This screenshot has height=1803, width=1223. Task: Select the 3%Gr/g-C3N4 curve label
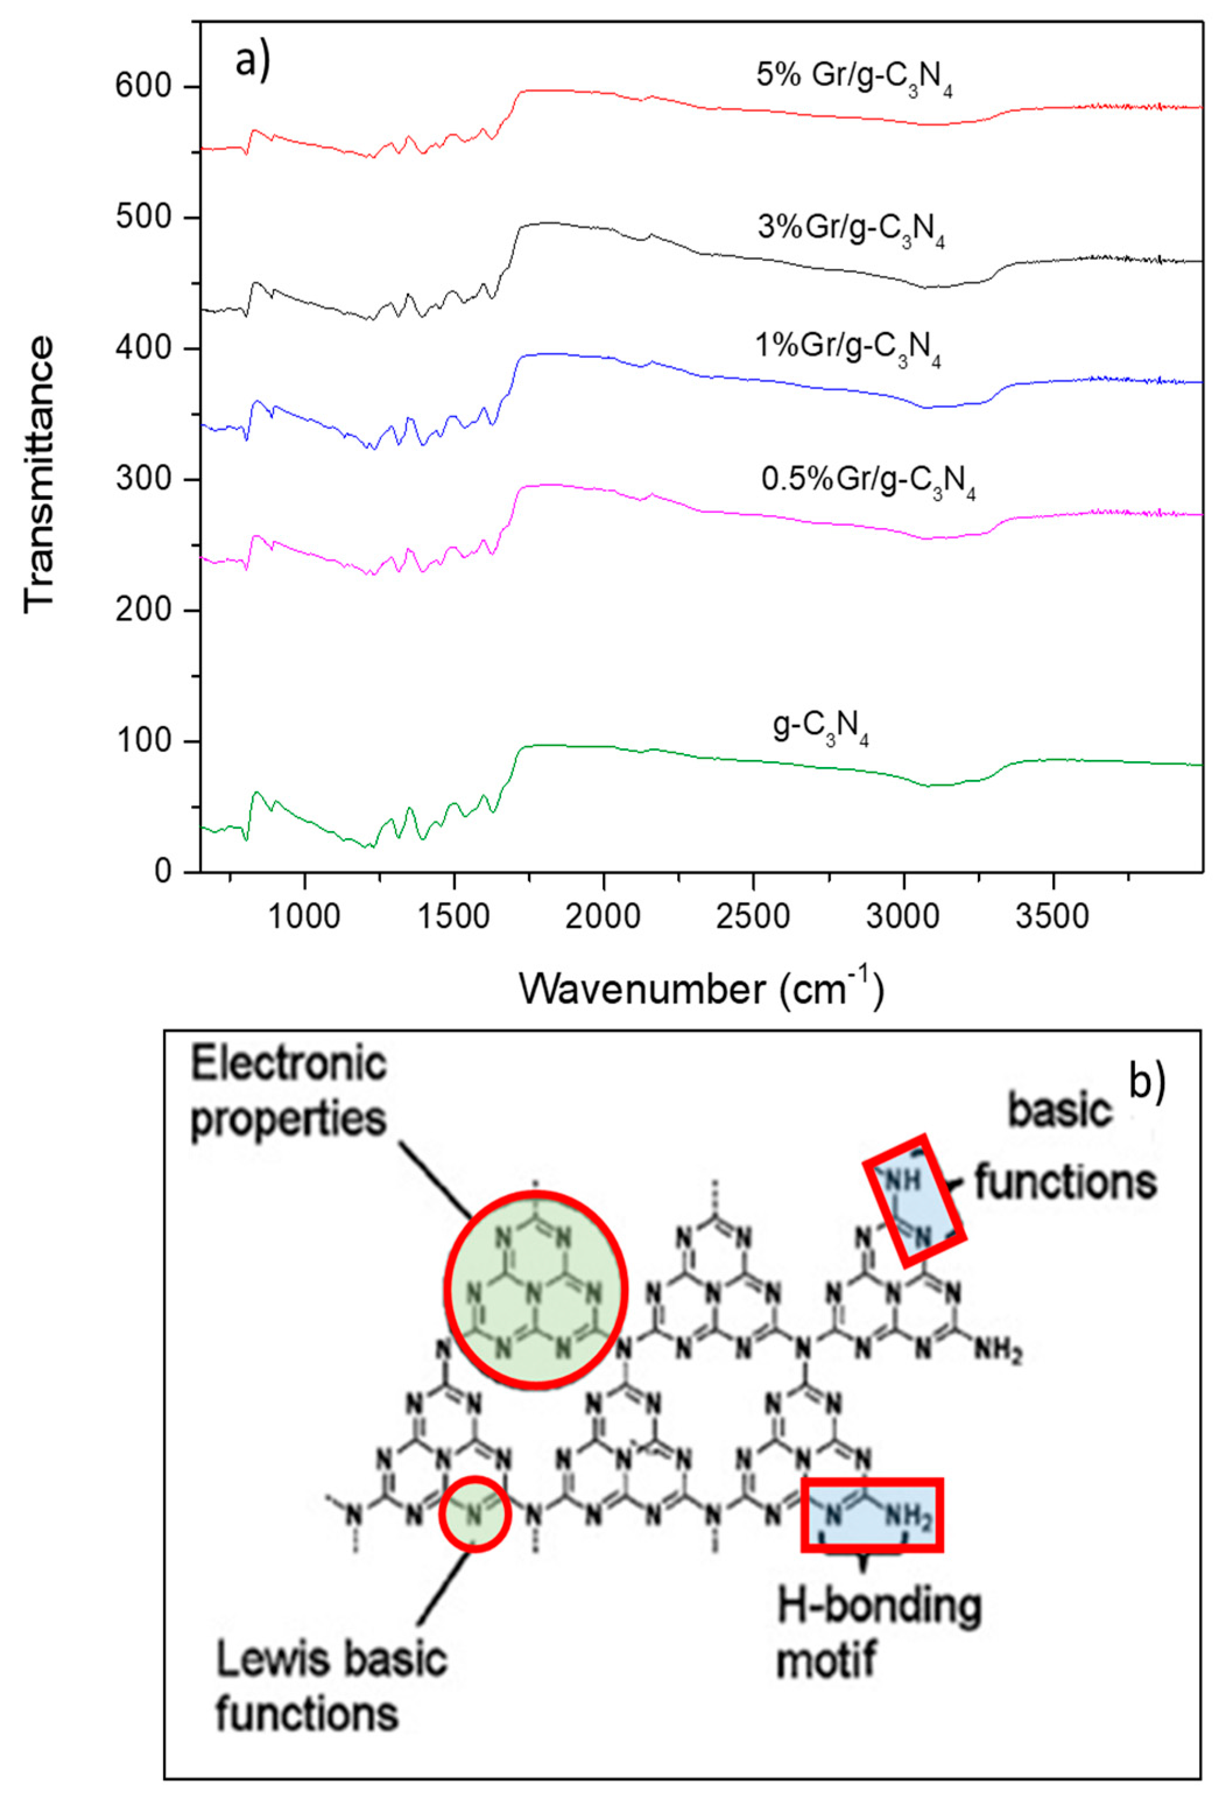[x=851, y=232]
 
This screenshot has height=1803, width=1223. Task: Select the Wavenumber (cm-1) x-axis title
[x=700, y=991]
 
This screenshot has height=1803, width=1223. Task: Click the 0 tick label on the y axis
[x=164, y=872]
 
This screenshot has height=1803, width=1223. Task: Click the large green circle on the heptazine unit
[x=536, y=1285]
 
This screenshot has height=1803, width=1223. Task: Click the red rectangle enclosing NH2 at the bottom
[x=872, y=1515]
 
